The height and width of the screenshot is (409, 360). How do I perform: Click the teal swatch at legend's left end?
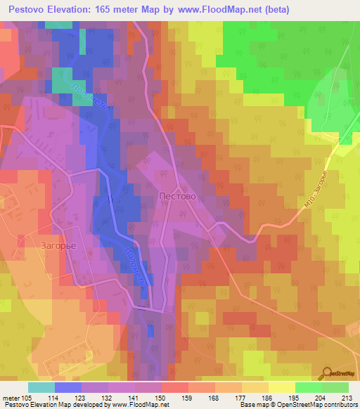pos(41,387)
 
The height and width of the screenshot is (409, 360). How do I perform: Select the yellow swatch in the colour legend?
pos(282,387)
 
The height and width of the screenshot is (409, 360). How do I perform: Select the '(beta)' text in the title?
pos(274,11)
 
